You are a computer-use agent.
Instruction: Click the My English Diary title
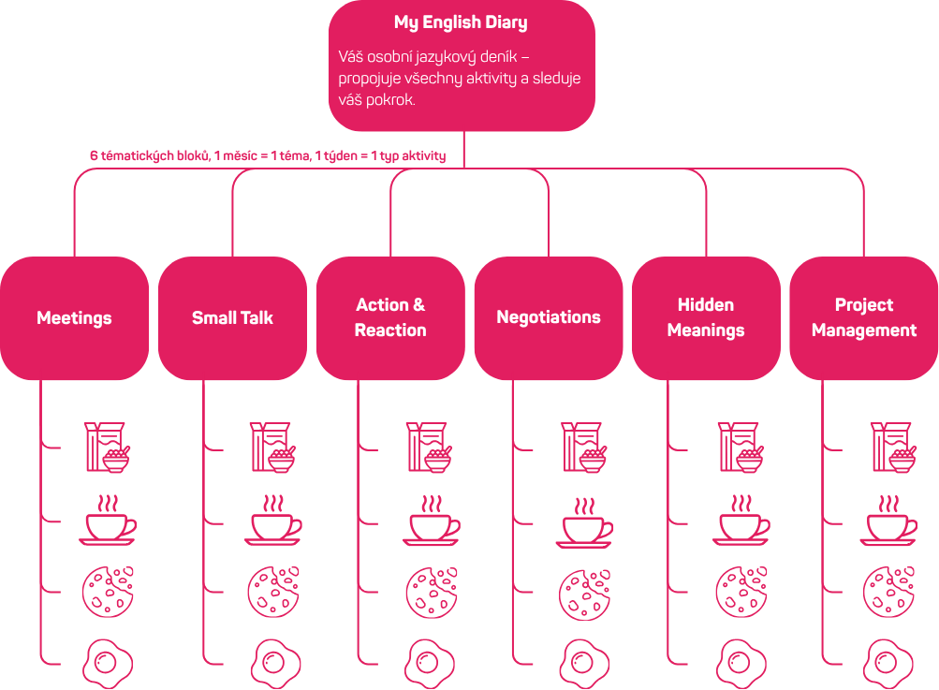coord(461,22)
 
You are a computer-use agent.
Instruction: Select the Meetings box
coord(74,318)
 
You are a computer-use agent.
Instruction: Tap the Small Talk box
coord(232,318)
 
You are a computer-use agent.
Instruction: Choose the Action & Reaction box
coord(390,318)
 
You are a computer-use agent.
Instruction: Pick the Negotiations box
coord(549,318)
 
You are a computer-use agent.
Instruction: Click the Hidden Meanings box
coord(706,318)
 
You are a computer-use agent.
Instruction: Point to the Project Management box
coord(864,318)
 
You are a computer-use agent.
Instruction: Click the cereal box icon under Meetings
coord(107,447)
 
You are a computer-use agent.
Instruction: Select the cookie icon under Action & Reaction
coord(431,592)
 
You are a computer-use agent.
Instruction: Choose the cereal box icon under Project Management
coord(892,447)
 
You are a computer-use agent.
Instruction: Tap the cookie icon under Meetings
coord(107,592)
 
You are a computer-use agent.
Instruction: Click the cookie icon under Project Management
coord(888,592)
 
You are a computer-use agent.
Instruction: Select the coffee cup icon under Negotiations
coord(585,524)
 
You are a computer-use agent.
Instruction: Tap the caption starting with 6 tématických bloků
coord(268,155)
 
